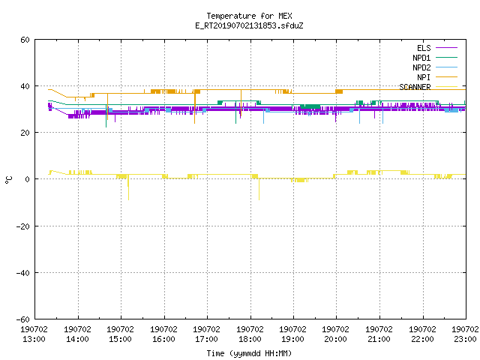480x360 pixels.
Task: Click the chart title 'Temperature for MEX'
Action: tap(249, 16)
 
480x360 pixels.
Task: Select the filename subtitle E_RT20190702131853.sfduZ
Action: tap(249, 25)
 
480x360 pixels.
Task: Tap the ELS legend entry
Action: tap(437, 48)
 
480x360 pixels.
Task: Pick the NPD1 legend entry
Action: tap(435, 58)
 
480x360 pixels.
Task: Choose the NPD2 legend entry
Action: tap(435, 67)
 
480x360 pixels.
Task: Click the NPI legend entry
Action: tap(437, 77)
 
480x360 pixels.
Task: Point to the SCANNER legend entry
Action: tap(428, 87)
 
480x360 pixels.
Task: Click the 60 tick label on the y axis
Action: tap(25, 40)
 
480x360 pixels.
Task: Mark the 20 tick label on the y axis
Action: tap(25, 133)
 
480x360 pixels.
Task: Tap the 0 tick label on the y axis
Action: tap(28, 179)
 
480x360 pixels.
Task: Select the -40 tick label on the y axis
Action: tap(23, 273)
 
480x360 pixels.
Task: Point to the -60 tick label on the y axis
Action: tap(23, 319)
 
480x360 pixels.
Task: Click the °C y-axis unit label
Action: tap(8, 180)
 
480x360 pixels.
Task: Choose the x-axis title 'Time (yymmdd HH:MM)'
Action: tap(249, 353)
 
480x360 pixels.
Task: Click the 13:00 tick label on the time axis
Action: tap(34, 334)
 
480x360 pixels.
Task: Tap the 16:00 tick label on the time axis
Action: tap(163, 334)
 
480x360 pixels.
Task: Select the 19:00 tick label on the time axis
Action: tap(293, 334)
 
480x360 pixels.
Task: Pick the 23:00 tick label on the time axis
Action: tap(465, 334)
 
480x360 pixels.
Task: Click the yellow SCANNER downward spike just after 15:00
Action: tap(128, 187)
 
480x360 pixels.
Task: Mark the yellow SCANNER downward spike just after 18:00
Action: tap(259, 189)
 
